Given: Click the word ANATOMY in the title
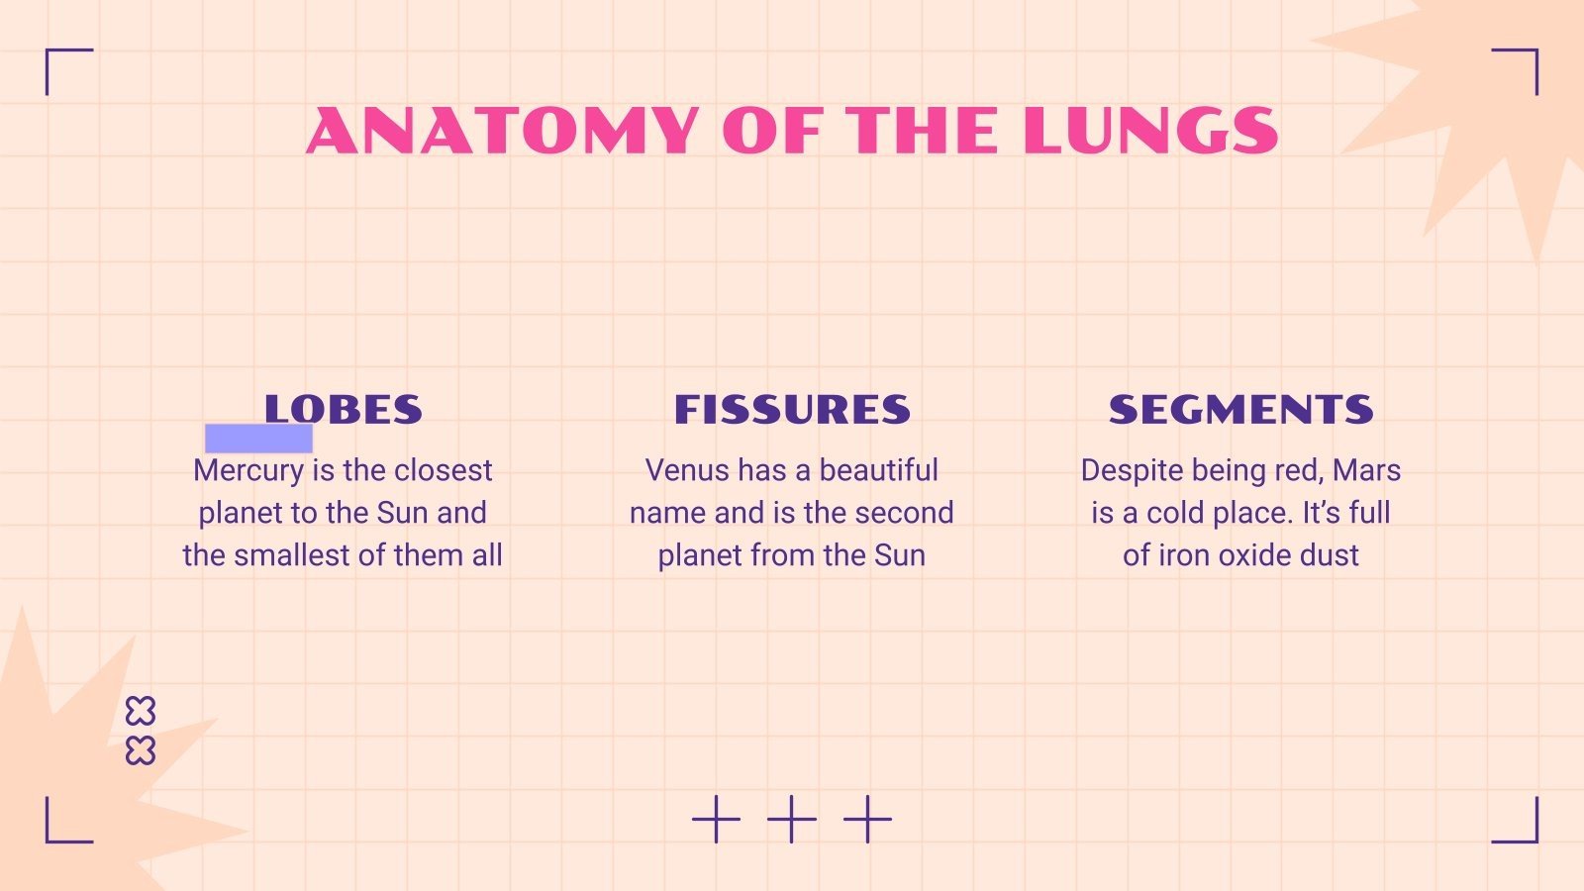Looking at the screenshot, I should [503, 131].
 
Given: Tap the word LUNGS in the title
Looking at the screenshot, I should [1150, 131].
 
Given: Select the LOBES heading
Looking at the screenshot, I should [343, 410].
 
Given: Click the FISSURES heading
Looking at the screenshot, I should [792, 410].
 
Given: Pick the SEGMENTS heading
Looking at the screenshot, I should [1240, 410].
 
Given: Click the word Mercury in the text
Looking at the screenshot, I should [248, 470].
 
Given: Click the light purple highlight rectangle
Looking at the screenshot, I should [258, 439].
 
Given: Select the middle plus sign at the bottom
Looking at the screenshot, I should [792, 819].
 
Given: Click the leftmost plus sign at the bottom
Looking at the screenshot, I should [716, 819].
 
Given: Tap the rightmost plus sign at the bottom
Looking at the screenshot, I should [867, 819].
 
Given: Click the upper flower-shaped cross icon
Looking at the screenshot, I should [141, 711].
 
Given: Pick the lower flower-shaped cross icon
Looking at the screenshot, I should [141, 751].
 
